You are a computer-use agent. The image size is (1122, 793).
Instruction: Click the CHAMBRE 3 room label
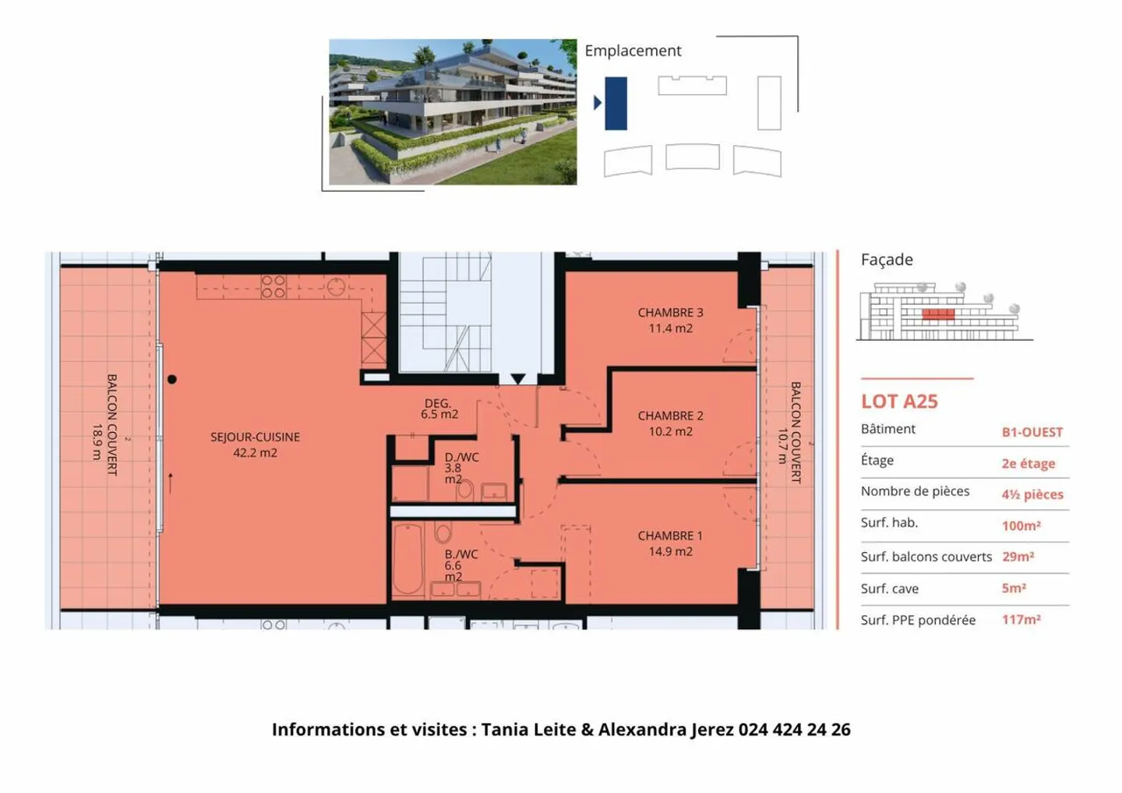click(x=670, y=320)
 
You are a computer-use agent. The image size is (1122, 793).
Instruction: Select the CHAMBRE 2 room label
click(x=670, y=423)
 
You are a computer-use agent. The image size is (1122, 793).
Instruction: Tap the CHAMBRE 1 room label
click(x=670, y=543)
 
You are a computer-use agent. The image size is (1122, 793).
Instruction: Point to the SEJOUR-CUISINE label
click(x=255, y=444)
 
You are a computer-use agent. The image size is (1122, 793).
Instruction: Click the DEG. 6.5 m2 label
click(x=439, y=409)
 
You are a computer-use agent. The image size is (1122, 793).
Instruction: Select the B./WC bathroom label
click(x=460, y=565)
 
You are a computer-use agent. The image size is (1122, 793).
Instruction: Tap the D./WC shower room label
click(x=460, y=468)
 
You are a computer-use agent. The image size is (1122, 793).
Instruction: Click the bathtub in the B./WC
click(x=408, y=558)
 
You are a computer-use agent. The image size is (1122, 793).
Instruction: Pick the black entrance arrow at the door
click(x=518, y=379)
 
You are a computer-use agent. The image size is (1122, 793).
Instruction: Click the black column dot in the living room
click(x=172, y=380)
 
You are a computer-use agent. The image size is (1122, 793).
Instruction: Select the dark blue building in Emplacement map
click(x=616, y=103)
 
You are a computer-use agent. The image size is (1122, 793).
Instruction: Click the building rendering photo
click(x=453, y=112)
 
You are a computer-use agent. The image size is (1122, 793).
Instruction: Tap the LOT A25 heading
click(x=899, y=402)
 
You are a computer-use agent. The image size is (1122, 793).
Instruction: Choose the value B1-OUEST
click(x=1032, y=432)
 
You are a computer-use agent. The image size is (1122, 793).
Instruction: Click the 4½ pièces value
click(x=1032, y=494)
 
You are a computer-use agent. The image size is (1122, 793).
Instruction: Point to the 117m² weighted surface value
click(x=1021, y=620)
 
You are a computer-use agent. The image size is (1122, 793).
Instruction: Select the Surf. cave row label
click(x=889, y=589)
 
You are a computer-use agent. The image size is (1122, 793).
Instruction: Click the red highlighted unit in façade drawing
click(x=938, y=314)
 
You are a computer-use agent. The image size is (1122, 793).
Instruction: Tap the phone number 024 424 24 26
click(x=794, y=730)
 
